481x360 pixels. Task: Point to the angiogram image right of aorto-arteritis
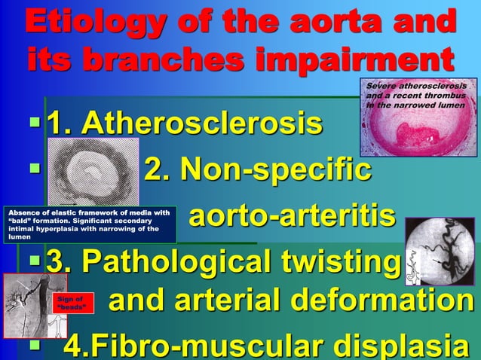(439, 253)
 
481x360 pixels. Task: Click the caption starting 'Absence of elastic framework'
(89, 224)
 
